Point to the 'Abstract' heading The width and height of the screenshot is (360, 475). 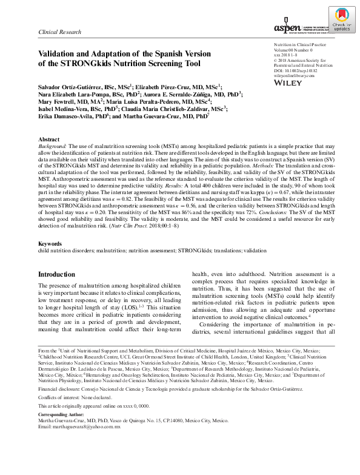click(48, 140)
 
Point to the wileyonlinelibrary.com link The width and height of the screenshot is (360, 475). click(295, 75)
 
